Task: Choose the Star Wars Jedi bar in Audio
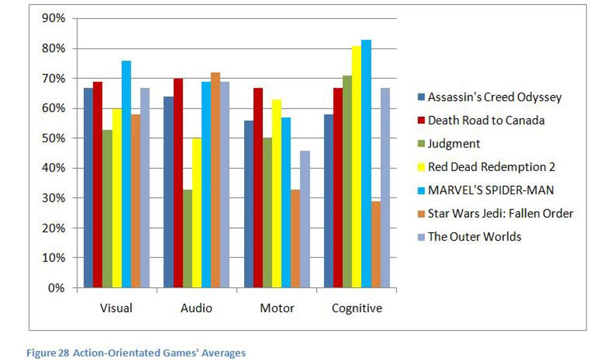tap(215, 180)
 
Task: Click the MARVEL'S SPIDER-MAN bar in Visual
tap(126, 174)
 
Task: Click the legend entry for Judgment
tap(454, 143)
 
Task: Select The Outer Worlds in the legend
tap(474, 236)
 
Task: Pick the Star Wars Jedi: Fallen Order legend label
tap(500, 213)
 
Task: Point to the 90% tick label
tap(52, 18)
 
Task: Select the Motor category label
tap(277, 308)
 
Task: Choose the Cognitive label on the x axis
tap(356, 308)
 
